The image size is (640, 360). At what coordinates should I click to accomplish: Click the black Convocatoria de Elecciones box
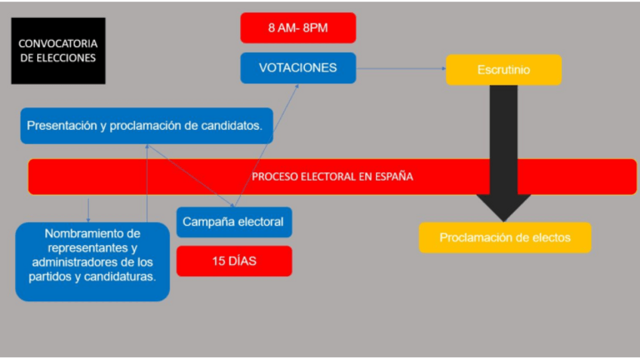[x=58, y=51]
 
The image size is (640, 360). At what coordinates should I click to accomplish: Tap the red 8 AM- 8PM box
[x=298, y=28]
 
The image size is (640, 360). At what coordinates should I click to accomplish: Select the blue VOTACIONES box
[x=298, y=68]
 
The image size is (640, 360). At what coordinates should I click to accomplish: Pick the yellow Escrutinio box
[x=503, y=69]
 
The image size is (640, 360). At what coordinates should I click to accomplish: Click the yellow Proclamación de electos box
[x=505, y=238]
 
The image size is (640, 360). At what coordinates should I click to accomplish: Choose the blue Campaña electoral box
[x=234, y=222]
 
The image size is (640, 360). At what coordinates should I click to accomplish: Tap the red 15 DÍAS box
[x=234, y=261]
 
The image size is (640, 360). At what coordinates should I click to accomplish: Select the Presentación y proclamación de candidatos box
[x=146, y=126]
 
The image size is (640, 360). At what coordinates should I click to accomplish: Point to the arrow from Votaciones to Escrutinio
[x=400, y=69]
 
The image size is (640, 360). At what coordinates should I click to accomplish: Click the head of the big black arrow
[x=503, y=206]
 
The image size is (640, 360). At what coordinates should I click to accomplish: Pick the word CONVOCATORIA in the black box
[x=58, y=43]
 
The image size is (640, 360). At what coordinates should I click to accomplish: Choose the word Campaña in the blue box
[x=206, y=222]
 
